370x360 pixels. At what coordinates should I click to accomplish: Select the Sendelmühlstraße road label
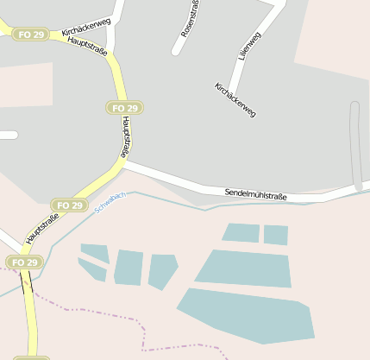255,193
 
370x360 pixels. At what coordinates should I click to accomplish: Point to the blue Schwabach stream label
110,203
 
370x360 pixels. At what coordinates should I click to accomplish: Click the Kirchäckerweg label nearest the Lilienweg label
235,100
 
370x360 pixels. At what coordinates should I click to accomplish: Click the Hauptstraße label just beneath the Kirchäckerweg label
87,45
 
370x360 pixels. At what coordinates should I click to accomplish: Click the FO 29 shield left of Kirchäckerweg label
30,35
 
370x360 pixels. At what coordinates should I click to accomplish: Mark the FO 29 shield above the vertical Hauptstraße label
124,108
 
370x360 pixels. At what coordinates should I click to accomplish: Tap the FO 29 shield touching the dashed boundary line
23,262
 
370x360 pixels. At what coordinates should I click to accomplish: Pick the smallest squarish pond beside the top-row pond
275,235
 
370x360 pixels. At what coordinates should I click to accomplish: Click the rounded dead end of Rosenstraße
178,51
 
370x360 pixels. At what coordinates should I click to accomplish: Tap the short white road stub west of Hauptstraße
7,135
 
